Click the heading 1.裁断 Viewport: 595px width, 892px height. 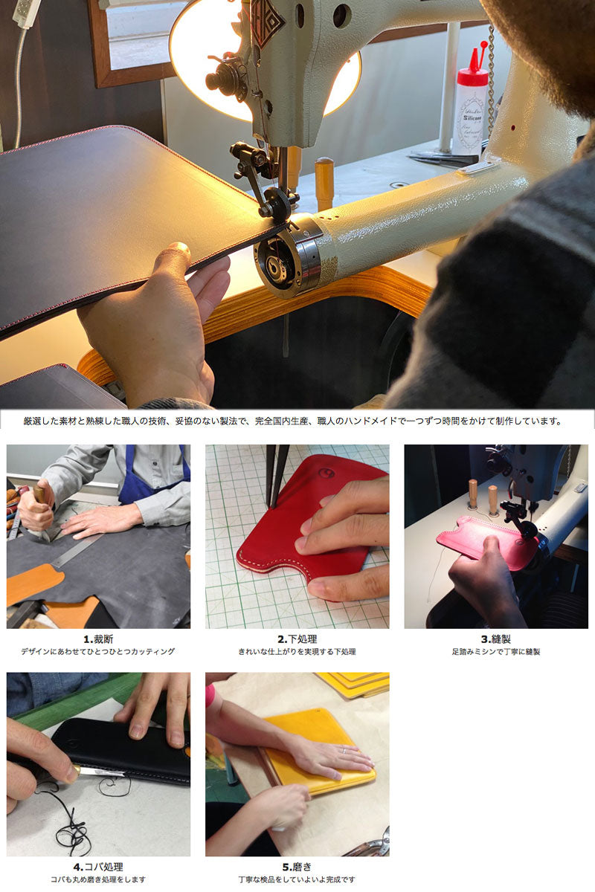(x=98, y=639)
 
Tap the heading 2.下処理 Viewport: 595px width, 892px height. (x=297, y=639)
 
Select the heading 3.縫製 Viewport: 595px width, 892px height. (x=496, y=639)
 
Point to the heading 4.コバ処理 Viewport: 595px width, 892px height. (x=98, y=867)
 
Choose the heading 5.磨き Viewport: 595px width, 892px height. (x=297, y=867)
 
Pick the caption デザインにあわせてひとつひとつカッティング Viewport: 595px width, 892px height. (x=98, y=652)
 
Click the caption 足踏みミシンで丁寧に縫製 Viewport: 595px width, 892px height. (x=496, y=652)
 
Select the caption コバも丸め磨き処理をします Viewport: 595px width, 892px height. (x=98, y=879)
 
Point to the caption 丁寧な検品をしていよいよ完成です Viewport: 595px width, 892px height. (x=297, y=879)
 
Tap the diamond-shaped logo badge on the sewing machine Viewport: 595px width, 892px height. (x=266, y=22)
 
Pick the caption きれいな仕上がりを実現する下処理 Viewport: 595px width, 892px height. (x=297, y=652)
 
